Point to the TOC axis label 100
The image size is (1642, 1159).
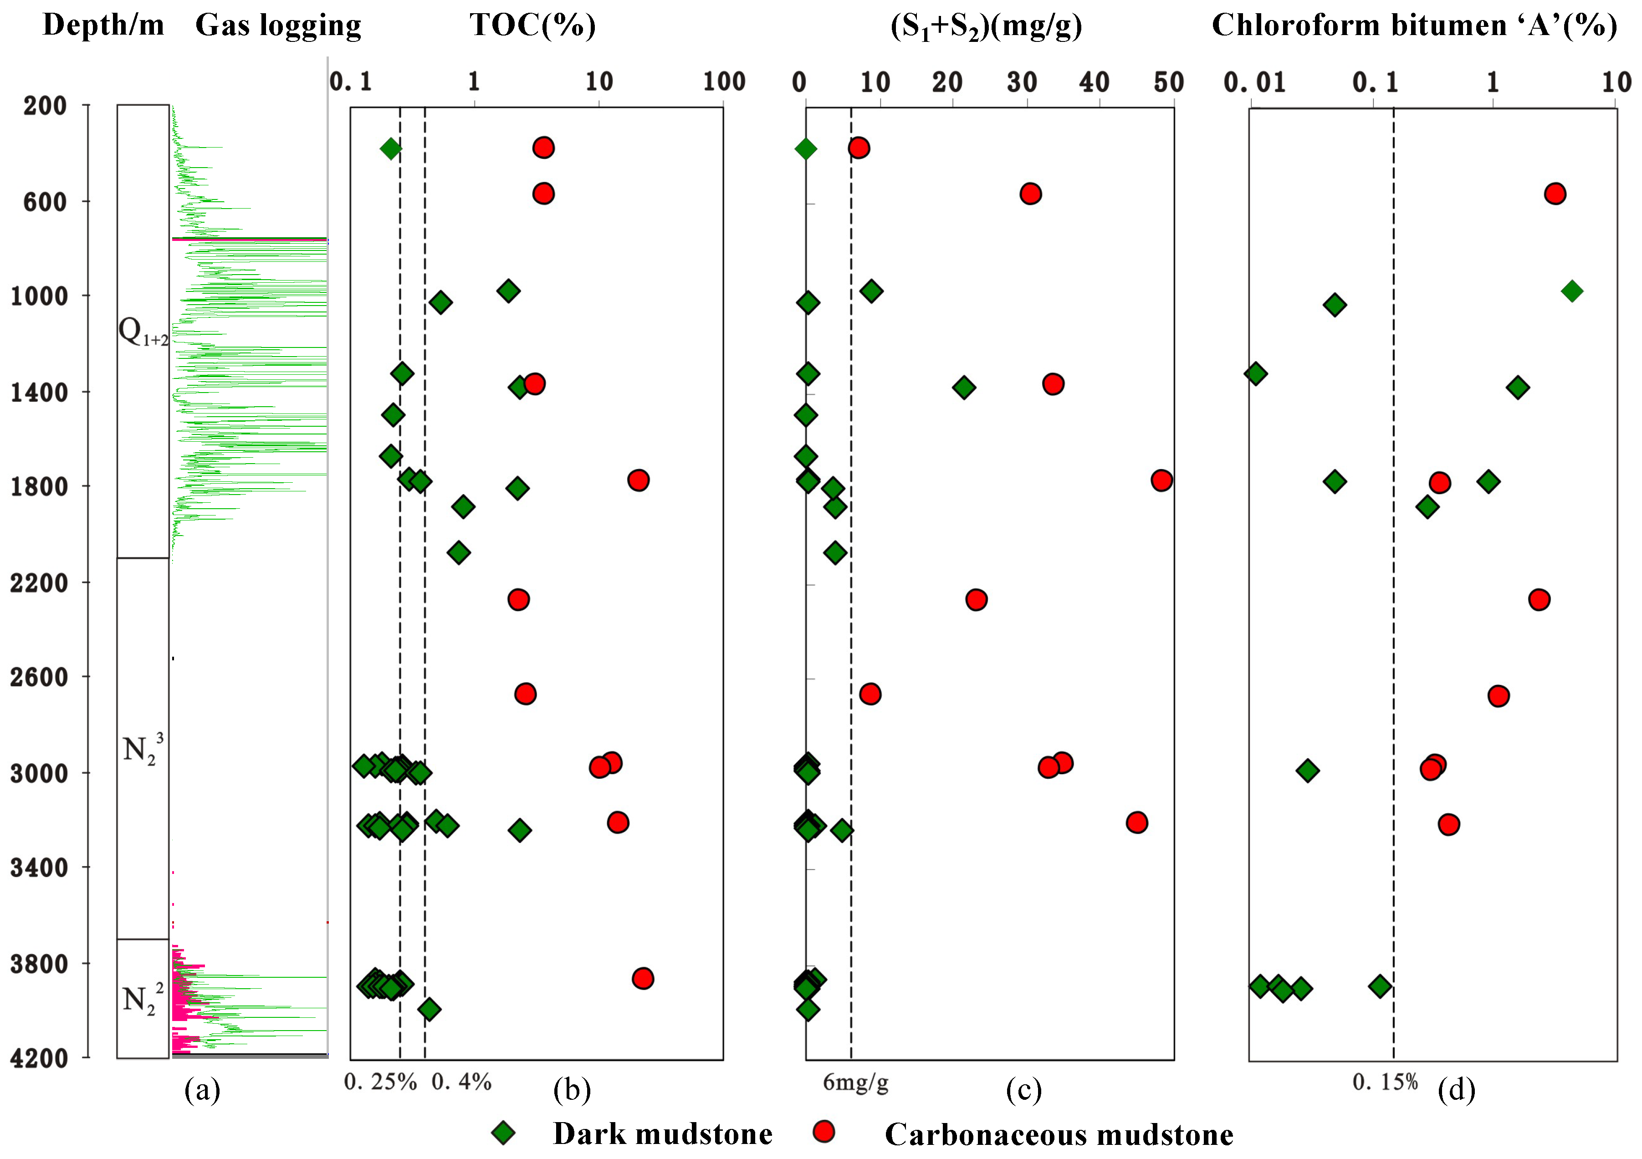pos(724,82)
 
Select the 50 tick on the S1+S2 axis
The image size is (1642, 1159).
pos(1168,83)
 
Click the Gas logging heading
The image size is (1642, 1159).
pos(278,26)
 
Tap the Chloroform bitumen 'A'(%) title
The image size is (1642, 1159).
pos(1414,26)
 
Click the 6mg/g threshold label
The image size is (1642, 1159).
pos(855,1082)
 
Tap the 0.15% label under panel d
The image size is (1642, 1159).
pos(1385,1082)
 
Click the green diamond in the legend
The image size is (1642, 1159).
pos(504,1133)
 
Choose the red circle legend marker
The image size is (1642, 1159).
pos(824,1131)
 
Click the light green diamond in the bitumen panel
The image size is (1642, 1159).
pos(1571,291)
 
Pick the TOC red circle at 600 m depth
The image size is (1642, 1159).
pos(543,194)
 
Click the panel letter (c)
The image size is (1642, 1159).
pos(1023,1090)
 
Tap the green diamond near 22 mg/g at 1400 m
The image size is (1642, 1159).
pos(964,388)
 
